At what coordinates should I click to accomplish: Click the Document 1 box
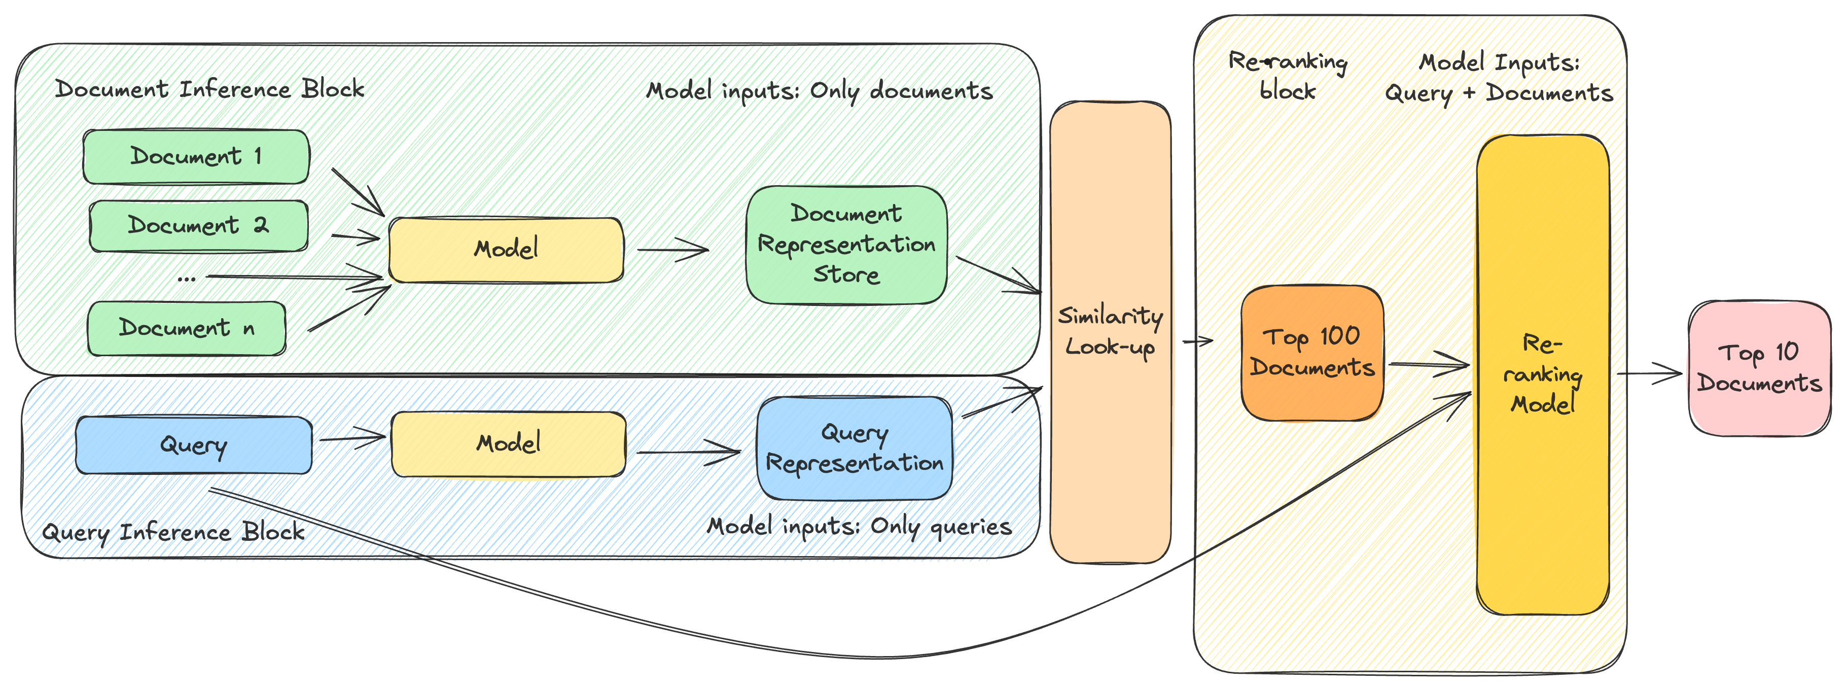pos(196,156)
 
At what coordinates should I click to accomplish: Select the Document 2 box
pos(198,226)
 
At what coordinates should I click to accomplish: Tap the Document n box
pos(186,328)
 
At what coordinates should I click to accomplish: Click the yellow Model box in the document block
pos(506,250)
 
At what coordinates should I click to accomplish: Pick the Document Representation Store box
pos(846,245)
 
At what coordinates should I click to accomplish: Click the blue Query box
pos(194,445)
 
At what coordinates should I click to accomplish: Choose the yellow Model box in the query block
pos(508,443)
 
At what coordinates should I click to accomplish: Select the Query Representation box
pos(854,448)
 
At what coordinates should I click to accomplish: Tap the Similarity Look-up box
pos(1110,332)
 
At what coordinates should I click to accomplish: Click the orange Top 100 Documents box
pos(1312,353)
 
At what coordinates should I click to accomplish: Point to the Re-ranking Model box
pos(1543,374)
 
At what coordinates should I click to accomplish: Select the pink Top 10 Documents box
pos(1759,368)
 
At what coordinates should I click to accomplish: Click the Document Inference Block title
pos(209,89)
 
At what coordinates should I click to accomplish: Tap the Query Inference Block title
pos(173,532)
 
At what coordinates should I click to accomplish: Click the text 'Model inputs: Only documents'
pos(819,91)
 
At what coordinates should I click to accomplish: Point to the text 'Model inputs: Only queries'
pos(859,527)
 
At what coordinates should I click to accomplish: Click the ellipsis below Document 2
pos(186,279)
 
